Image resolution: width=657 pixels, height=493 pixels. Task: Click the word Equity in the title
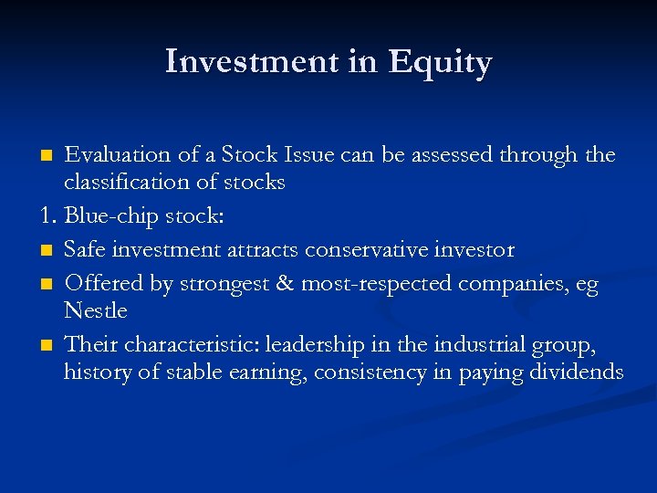pyautogui.click(x=440, y=62)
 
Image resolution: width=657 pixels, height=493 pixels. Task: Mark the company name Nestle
pyautogui.click(x=95, y=310)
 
